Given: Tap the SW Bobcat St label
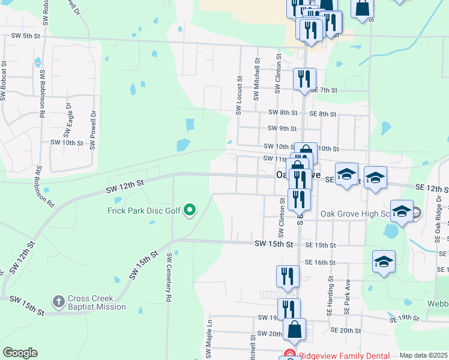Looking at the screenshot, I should tap(4, 80).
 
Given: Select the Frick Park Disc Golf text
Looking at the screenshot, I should tap(144, 211).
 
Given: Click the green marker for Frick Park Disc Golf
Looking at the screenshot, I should tap(190, 210).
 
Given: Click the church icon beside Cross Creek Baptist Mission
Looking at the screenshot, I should tap(59, 301).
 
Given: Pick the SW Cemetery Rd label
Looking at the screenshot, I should tap(170, 277).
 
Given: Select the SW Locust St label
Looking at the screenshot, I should tap(239, 95).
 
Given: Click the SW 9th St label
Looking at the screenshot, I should tap(283, 128).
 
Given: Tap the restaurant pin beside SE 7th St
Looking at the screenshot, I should tap(304, 78).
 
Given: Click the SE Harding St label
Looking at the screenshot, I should tap(330, 296).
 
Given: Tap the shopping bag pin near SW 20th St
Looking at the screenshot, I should tap(294, 329).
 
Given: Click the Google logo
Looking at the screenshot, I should tap(20, 353).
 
